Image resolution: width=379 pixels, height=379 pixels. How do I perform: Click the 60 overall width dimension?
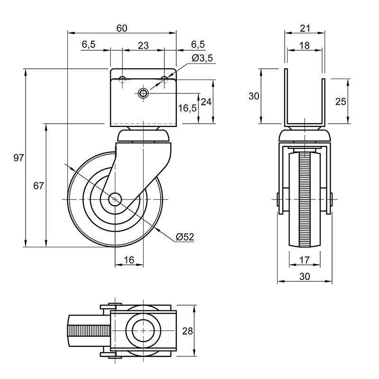coord(122,28)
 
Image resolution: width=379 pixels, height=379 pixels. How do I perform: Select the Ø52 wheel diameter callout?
coord(185,237)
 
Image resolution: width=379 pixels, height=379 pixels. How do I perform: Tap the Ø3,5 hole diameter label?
coord(202,58)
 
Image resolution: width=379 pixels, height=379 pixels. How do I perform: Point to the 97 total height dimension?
coord(18,158)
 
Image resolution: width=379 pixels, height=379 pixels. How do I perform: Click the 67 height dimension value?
coord(38,186)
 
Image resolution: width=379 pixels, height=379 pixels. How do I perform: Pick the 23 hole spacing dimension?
coord(143,45)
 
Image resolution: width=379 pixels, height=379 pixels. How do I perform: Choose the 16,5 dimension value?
coord(187,108)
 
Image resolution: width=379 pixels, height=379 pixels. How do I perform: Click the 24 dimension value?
coord(206,102)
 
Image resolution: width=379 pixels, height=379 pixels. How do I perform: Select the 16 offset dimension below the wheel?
coord(129,260)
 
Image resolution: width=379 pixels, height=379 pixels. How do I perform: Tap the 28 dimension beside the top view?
coord(188,331)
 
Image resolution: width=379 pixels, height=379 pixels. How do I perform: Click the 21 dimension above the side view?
coord(305,28)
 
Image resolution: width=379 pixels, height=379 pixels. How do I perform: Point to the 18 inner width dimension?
coord(304,45)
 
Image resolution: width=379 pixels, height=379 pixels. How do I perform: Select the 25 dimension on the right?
coord(341,102)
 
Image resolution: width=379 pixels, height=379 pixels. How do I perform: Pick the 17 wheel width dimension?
coord(305,260)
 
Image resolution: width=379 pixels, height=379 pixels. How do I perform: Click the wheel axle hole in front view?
coord(115,199)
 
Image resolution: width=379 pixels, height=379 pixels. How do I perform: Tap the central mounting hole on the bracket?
coord(144,93)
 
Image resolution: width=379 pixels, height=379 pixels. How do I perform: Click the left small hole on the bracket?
coord(122,79)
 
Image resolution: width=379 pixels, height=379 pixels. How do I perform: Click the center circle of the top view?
coord(143,330)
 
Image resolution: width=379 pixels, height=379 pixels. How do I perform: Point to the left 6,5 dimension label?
coord(89,45)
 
